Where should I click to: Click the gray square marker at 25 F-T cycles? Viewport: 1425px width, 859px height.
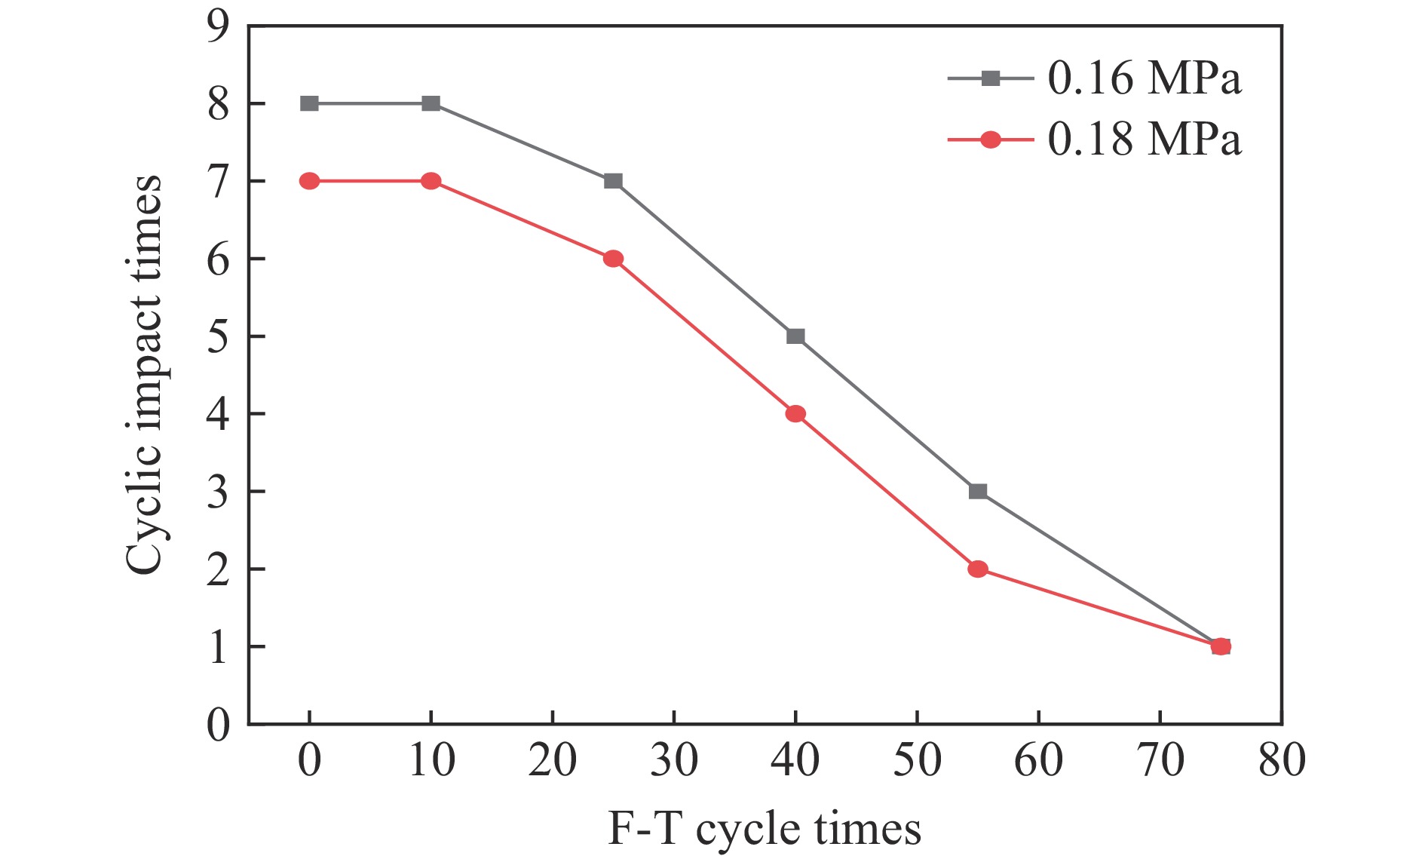click(x=613, y=181)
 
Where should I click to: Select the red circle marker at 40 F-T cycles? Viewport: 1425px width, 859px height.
click(x=795, y=413)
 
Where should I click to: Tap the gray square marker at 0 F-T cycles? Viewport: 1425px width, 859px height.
click(x=309, y=103)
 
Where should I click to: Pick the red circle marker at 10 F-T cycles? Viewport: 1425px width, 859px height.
click(x=431, y=181)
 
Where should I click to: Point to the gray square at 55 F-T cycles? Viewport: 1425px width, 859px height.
click(x=978, y=491)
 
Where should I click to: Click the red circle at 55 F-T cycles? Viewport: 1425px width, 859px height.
click(x=978, y=569)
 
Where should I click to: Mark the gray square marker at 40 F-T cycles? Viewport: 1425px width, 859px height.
click(x=795, y=336)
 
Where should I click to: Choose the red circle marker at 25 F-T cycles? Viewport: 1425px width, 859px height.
click(x=613, y=259)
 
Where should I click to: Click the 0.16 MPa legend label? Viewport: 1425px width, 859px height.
click(x=1144, y=78)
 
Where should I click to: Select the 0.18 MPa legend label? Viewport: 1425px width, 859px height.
click(x=1144, y=140)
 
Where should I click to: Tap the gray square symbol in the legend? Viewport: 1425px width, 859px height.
click(x=991, y=78)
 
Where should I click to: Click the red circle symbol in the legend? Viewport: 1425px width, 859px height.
click(x=991, y=140)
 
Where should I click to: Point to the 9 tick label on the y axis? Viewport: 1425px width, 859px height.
click(x=219, y=26)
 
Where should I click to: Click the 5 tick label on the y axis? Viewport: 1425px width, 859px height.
click(x=219, y=336)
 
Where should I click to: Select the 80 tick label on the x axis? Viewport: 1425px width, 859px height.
click(x=1282, y=760)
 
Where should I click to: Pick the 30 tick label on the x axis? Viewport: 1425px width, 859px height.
click(x=674, y=760)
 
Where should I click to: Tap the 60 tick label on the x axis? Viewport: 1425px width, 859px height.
click(x=1038, y=760)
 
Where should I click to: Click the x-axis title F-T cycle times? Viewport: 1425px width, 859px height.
click(x=765, y=829)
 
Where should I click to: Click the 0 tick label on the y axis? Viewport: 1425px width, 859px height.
click(x=219, y=726)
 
